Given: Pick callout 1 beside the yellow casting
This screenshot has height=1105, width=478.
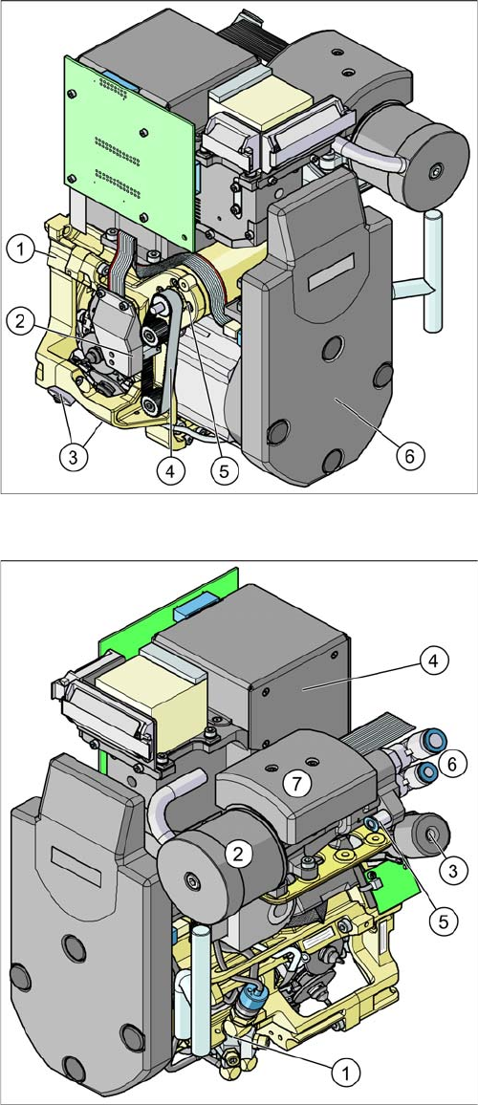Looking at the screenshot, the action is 20,249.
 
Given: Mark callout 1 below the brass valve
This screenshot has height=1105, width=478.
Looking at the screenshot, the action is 345,1073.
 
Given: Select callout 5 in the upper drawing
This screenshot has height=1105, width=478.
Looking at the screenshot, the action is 225,471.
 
